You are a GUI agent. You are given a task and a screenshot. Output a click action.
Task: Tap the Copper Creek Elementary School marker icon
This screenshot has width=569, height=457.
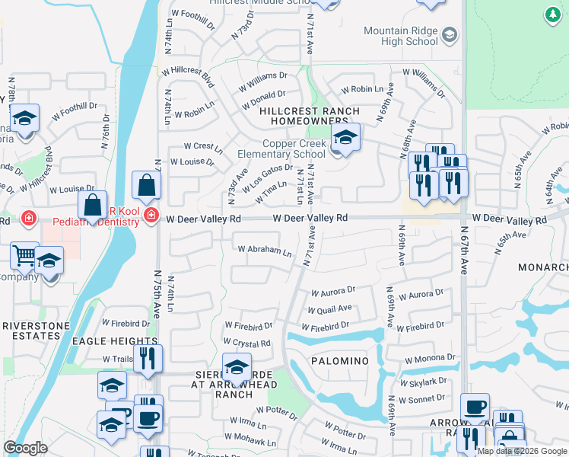[345, 138]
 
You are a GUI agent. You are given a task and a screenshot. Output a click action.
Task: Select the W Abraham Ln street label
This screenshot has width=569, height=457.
[264, 250]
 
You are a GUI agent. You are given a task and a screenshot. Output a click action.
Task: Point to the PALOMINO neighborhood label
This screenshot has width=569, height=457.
[339, 360]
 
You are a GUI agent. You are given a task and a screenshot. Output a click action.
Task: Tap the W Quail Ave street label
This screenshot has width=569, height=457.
[329, 308]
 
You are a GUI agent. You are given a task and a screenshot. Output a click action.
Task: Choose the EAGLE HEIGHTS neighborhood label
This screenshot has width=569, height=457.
[114, 342]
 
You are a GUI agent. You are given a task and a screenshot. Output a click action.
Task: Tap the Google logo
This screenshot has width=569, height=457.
[25, 448]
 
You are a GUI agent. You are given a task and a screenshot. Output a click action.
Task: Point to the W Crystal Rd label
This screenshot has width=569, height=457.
[247, 344]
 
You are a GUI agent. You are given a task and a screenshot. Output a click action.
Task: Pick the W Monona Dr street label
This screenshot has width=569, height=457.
[430, 358]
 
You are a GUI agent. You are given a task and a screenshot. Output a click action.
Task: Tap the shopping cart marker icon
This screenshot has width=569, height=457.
[24, 256]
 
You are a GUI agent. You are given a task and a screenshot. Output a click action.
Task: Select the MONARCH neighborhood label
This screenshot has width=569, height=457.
[543, 268]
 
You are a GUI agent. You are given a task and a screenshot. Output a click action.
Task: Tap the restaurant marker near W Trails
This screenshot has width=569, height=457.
[148, 358]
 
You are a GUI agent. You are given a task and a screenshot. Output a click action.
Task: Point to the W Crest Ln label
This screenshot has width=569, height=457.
[203, 145]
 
